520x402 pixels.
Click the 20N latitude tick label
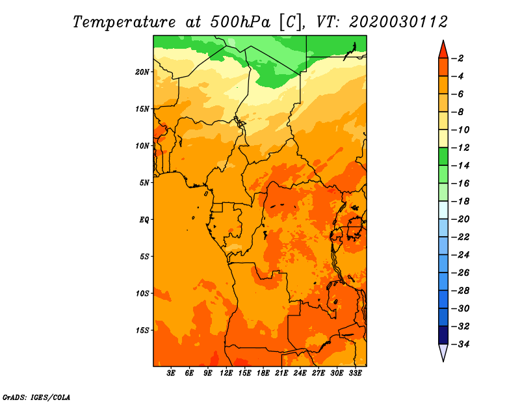tap(142, 72)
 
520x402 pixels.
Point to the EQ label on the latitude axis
tap(144, 220)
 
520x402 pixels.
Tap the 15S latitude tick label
tap(142, 330)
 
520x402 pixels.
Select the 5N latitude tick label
tap(144, 183)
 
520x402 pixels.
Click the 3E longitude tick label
tap(171, 373)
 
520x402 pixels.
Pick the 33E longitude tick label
tap(355, 373)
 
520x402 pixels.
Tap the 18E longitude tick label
tap(263, 373)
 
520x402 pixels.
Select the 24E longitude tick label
tap(300, 373)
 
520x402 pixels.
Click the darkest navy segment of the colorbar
tap(443, 335)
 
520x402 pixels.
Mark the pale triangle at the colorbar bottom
tap(443, 352)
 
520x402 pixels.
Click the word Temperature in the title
tap(124, 22)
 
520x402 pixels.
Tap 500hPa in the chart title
tap(240, 22)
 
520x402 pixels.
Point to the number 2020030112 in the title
tap(398, 22)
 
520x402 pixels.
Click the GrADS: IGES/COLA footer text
tap(36, 397)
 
